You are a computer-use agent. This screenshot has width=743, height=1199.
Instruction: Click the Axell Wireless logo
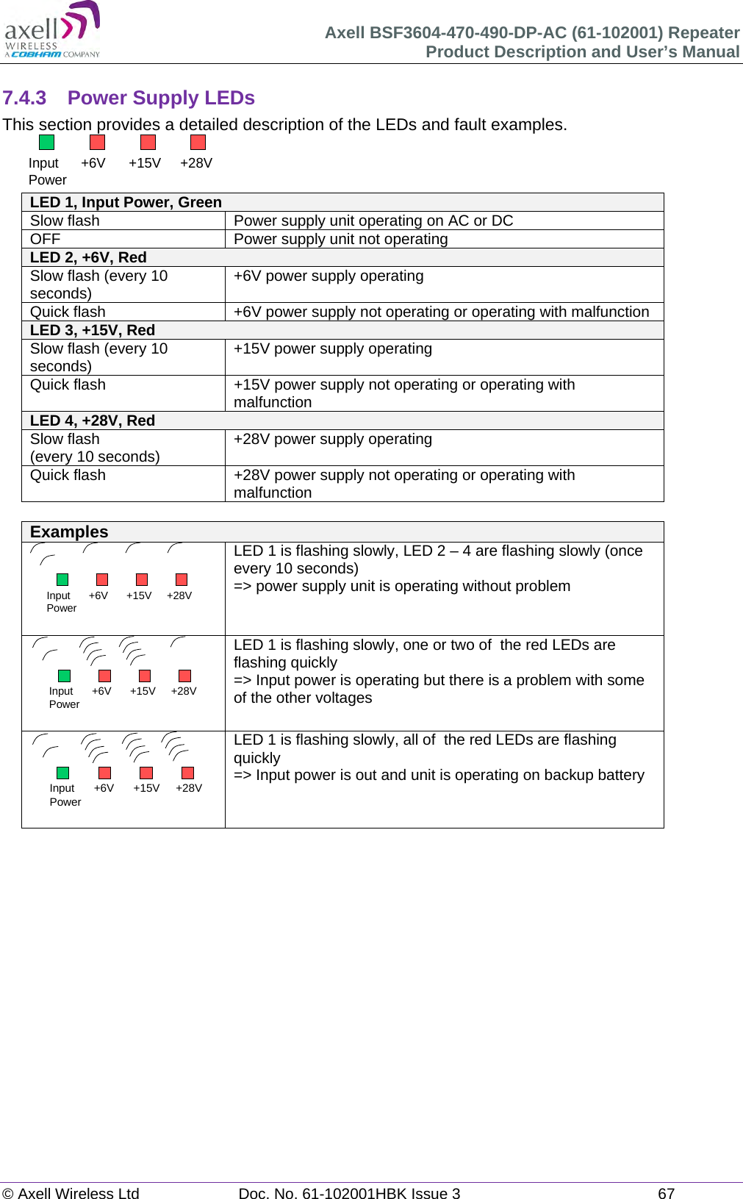coord(52,29)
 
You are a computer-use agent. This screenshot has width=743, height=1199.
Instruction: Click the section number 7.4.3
coord(24,98)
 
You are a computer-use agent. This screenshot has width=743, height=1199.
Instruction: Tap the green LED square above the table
coord(46,143)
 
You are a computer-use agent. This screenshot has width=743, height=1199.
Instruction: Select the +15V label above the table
coord(144,163)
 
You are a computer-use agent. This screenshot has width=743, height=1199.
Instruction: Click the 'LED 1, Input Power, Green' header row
coord(126,203)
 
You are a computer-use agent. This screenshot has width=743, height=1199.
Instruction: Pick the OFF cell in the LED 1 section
coord(45,239)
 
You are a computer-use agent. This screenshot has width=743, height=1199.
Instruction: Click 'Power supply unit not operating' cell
coord(340,239)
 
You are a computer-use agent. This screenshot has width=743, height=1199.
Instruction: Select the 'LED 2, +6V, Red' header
coord(88,257)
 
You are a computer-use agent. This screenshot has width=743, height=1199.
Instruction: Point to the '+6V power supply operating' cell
coord(329,276)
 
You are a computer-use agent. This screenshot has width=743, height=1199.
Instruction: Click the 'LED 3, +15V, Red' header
coord(92,330)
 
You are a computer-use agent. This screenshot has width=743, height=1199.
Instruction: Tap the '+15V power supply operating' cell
coord(332,348)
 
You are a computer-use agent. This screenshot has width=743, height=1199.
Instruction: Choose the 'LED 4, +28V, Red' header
coord(92,420)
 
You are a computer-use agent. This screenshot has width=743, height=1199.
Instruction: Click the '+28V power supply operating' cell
coord(332,439)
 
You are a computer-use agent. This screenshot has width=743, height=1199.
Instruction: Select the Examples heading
coord(69,532)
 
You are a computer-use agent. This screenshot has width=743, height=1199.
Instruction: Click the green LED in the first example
coord(62,579)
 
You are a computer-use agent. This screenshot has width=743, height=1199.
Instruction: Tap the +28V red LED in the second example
coord(185,676)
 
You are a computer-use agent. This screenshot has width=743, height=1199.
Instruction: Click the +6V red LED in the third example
coord(105,773)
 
